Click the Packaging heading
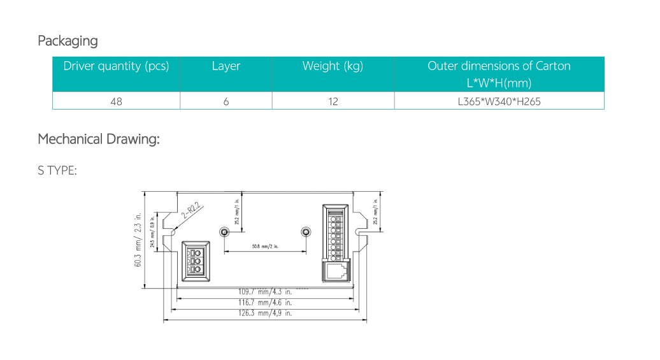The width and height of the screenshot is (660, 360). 68,41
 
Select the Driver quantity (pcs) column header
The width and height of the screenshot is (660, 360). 116,66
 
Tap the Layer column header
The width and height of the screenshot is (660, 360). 226,66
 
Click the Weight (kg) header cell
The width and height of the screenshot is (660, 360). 333,66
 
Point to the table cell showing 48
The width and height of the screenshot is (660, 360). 116,101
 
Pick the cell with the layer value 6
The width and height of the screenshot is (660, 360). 226,101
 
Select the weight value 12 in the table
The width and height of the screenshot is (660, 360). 333,101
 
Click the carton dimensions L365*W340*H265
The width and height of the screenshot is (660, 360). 499,101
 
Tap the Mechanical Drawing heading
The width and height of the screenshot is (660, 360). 98,139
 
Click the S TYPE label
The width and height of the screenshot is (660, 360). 57,170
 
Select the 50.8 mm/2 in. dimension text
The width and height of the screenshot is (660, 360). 264,246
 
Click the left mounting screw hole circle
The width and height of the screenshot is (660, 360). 224,231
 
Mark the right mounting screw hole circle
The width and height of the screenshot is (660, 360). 305,231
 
